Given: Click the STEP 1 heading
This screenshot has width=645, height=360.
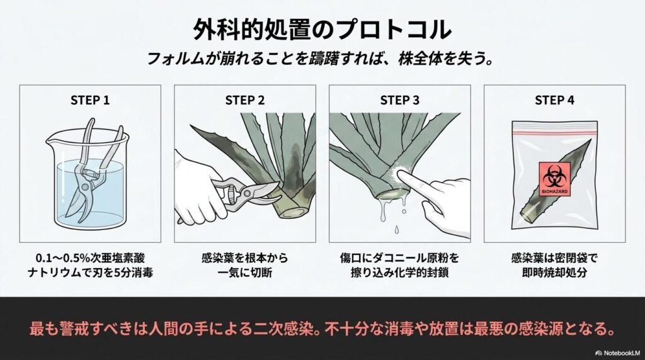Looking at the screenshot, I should (x=89, y=100).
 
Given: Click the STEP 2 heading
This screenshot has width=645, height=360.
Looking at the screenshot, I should (x=244, y=100).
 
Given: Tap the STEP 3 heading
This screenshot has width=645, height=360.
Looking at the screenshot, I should (x=399, y=100).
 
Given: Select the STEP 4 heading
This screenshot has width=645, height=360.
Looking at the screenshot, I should (x=554, y=100).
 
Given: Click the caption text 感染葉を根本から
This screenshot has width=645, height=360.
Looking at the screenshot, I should (x=244, y=257).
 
